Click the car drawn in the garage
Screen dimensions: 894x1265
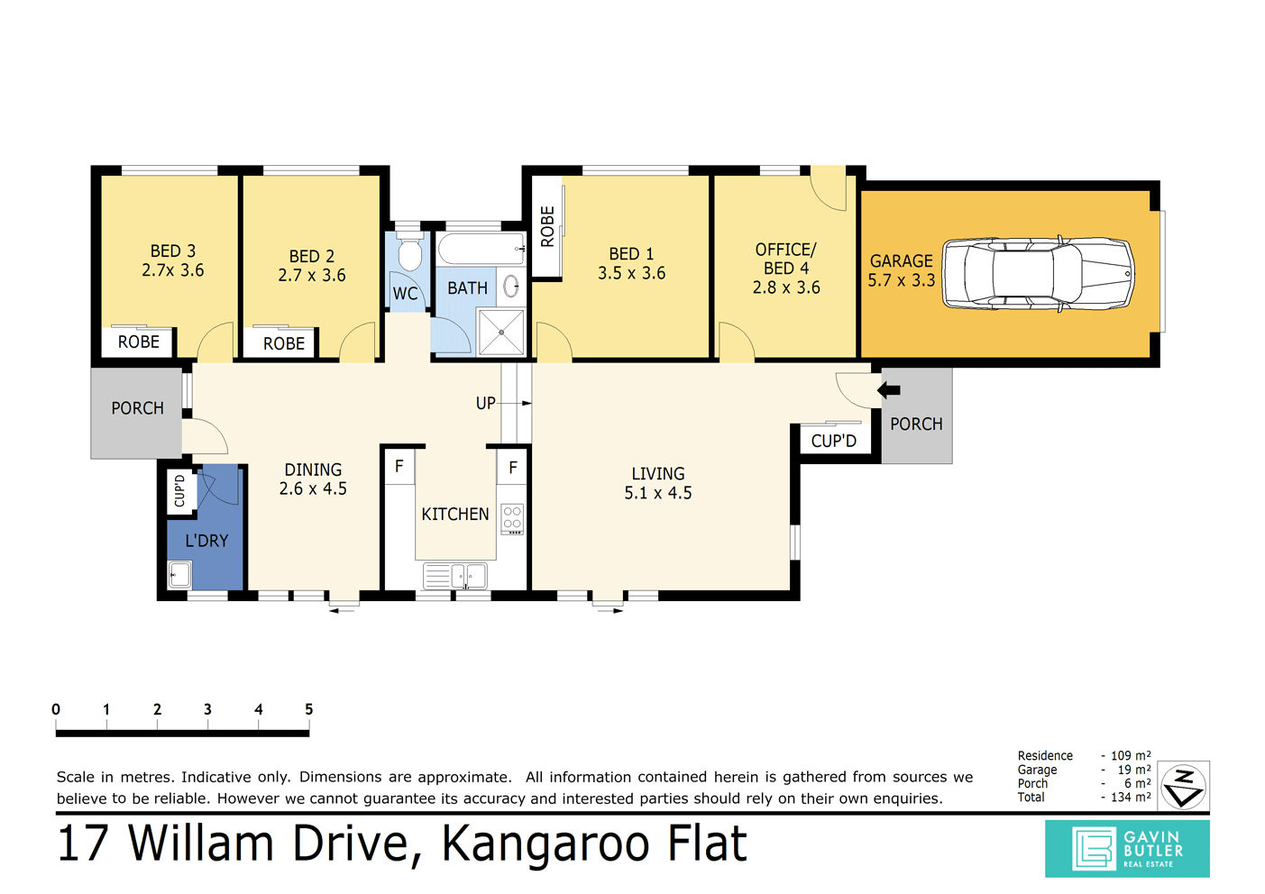click(x=1037, y=275)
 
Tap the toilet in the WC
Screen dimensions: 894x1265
click(x=409, y=254)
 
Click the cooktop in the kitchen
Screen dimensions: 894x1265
click(x=512, y=518)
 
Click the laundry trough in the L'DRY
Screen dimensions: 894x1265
click(x=179, y=574)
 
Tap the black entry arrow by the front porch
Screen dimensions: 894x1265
click(x=889, y=390)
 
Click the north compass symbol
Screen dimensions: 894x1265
click(x=1183, y=786)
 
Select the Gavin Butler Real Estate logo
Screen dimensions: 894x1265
click(x=1127, y=849)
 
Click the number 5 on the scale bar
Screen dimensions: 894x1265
click(x=308, y=709)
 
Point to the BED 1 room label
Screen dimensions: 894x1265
click(x=631, y=254)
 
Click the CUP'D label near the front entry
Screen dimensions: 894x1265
click(x=833, y=441)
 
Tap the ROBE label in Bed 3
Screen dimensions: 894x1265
click(x=139, y=342)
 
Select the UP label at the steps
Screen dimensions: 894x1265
click(x=485, y=403)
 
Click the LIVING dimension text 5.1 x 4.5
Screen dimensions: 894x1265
click(x=658, y=493)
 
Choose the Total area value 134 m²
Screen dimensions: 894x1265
click(x=1131, y=798)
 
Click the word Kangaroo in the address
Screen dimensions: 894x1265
click(x=547, y=844)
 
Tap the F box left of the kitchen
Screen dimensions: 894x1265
click(x=399, y=466)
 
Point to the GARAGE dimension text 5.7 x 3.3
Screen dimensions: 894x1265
click(x=901, y=280)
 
